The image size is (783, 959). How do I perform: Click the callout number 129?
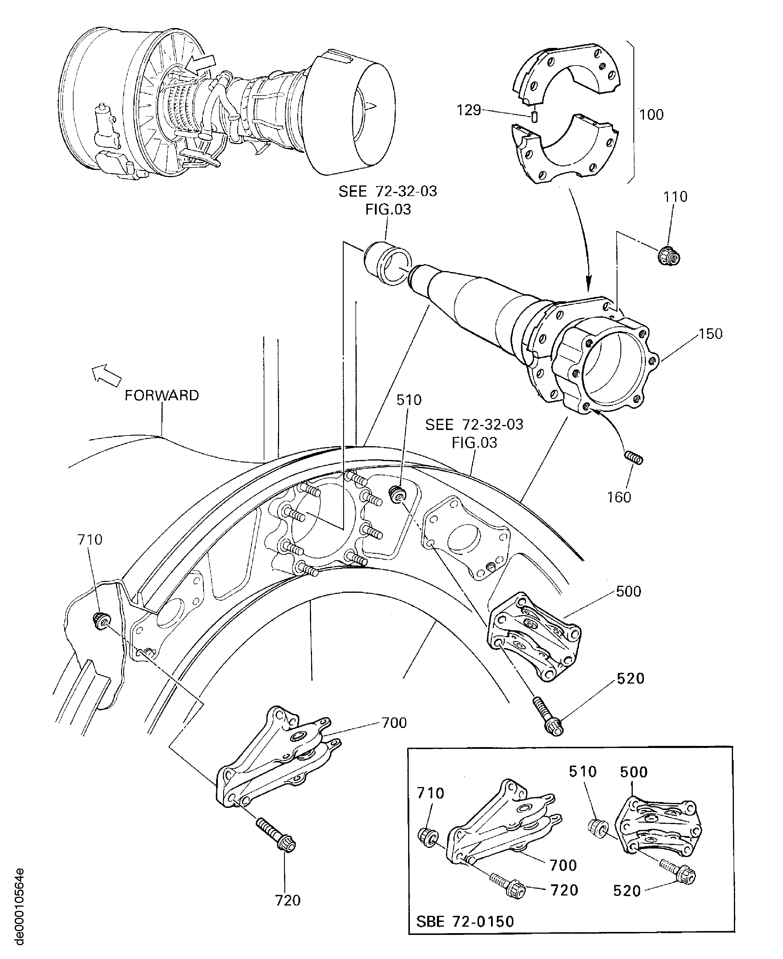tap(469, 110)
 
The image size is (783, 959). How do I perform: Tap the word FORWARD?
tap(161, 395)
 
